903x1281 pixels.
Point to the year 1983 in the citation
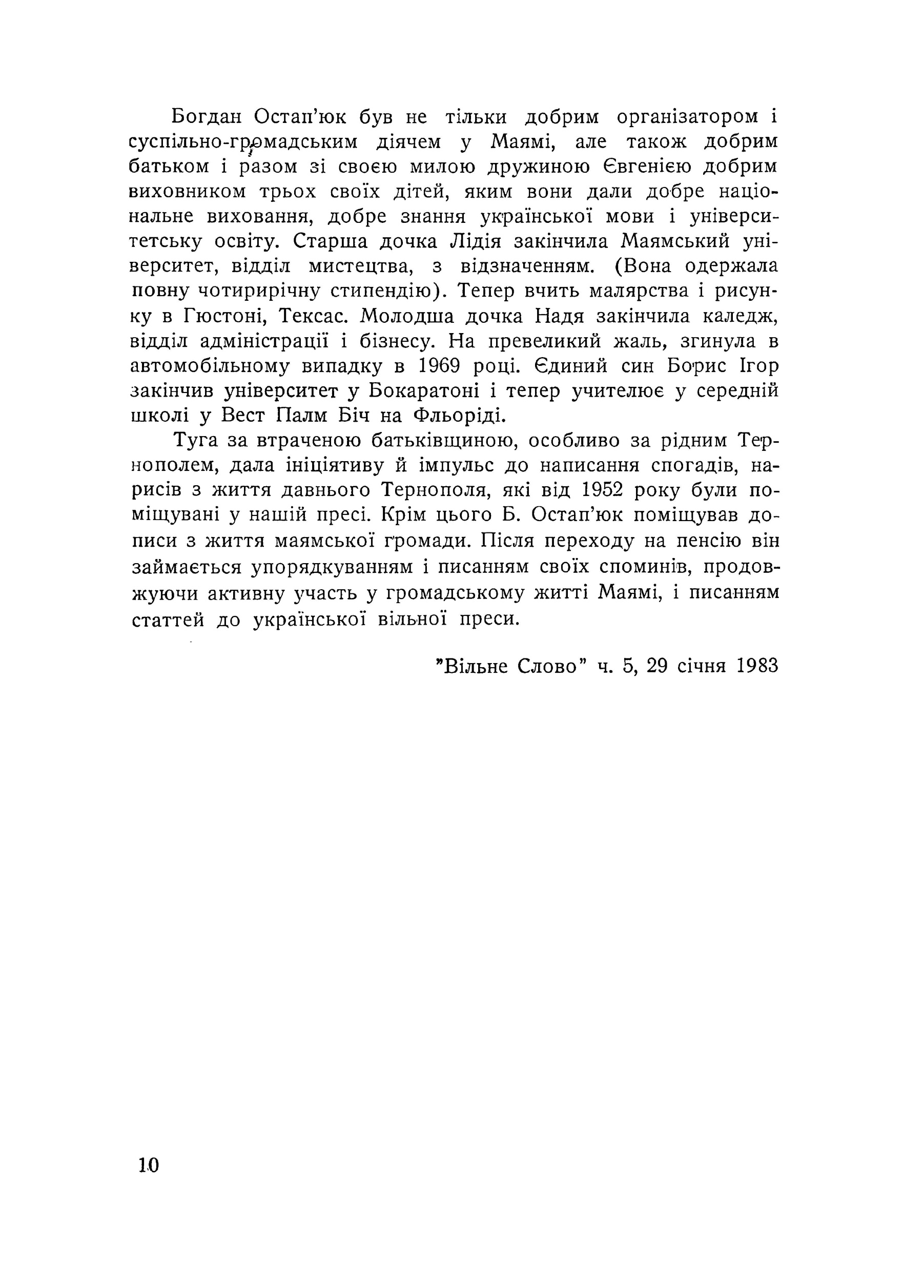tap(757, 666)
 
